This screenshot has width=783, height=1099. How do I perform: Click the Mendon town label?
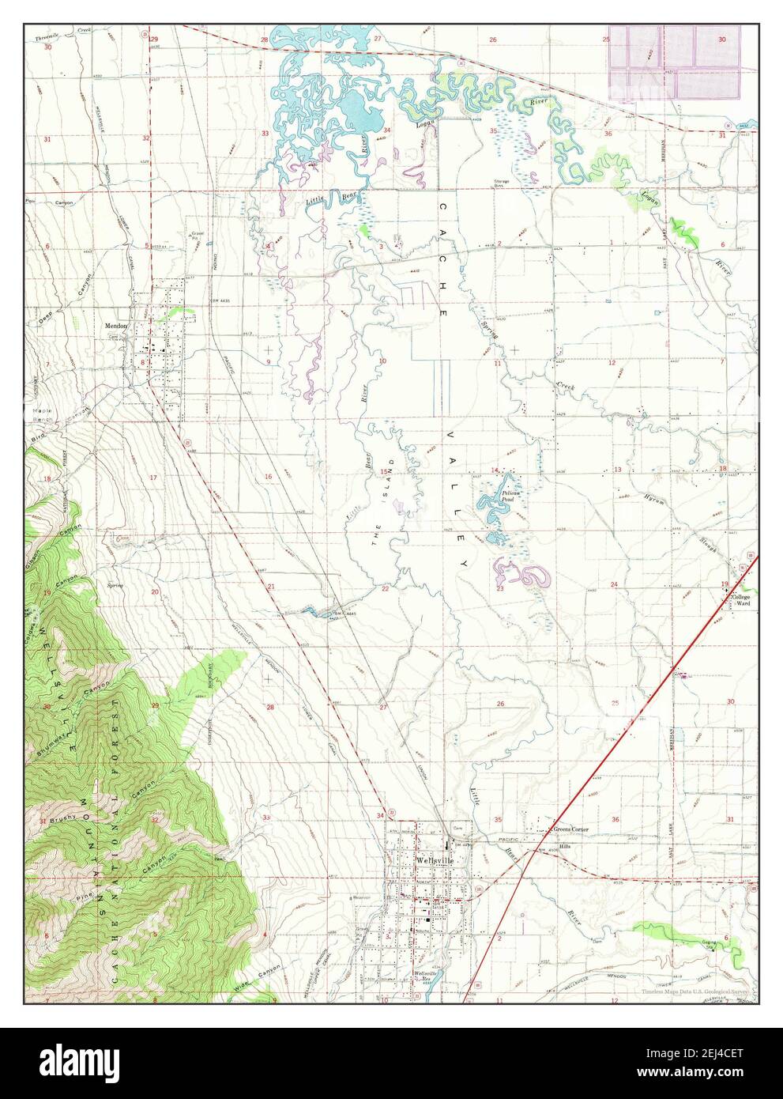coord(115,325)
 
